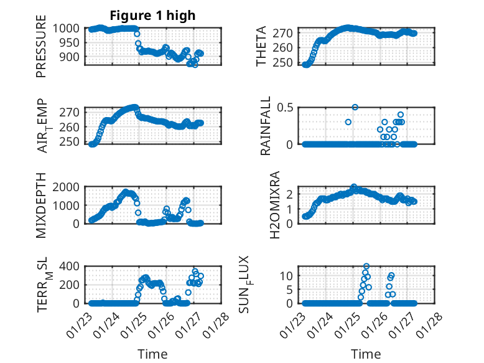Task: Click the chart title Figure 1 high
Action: point(152,15)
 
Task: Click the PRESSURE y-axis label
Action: point(41,50)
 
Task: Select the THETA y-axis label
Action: point(262,46)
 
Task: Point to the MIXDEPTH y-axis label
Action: point(41,204)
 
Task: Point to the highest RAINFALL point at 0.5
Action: point(355,107)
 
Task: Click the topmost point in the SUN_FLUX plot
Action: point(366,266)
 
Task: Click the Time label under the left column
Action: point(152,354)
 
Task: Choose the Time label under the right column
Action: point(366,354)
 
